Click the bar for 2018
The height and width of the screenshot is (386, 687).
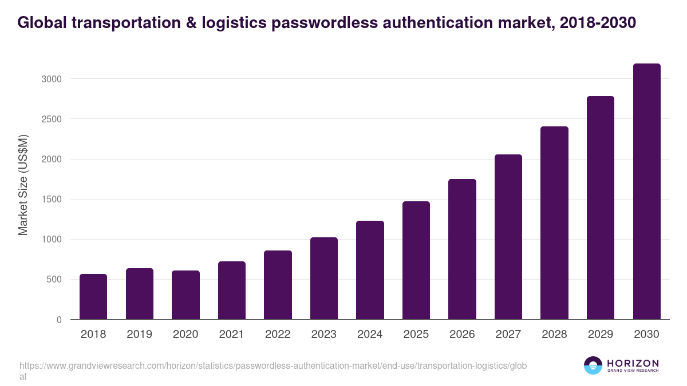93,297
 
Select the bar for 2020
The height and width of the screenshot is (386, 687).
185,295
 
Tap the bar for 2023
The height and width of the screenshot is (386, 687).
324,278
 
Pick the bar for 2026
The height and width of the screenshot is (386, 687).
462,249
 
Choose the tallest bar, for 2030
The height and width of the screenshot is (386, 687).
646,192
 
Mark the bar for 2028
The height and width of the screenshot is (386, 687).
554,223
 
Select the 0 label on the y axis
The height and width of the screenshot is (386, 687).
59,320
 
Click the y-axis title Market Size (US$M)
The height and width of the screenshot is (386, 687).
23,185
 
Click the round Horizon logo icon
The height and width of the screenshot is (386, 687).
593,365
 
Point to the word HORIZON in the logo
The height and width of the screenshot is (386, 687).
633,363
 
